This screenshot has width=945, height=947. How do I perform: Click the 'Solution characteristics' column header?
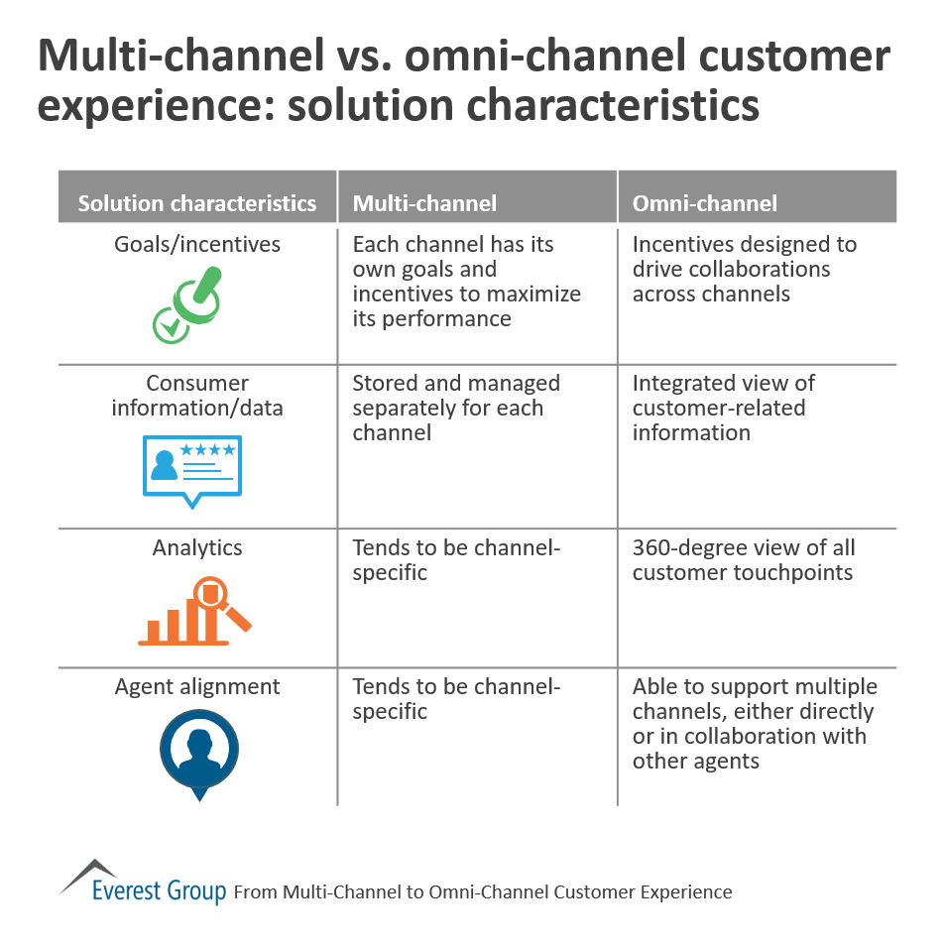pyautogui.click(x=197, y=203)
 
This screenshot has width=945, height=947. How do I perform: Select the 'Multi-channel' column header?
pyautogui.click(x=424, y=203)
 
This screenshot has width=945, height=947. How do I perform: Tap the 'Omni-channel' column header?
pyautogui.click(x=705, y=203)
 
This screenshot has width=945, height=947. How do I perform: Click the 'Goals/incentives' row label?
pyautogui.click(x=197, y=244)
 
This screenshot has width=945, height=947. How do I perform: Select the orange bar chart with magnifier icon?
pyautogui.click(x=194, y=611)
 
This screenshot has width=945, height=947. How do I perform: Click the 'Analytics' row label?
pyautogui.click(x=197, y=547)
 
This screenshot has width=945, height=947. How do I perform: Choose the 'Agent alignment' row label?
pyautogui.click(x=197, y=686)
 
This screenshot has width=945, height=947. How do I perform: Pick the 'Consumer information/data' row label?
pyautogui.click(x=197, y=395)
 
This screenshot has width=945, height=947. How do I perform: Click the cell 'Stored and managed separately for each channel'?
pyautogui.click(x=456, y=408)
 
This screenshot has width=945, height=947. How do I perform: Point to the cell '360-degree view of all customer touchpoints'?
pyautogui.click(x=743, y=559)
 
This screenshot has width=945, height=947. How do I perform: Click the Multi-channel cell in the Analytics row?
pyautogui.click(x=456, y=559)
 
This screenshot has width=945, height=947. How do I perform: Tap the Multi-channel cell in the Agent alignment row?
pyautogui.click(x=456, y=698)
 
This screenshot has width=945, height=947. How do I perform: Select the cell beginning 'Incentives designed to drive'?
pyautogui.click(x=744, y=269)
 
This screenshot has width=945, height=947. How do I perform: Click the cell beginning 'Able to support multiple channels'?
pyautogui.click(x=754, y=723)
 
